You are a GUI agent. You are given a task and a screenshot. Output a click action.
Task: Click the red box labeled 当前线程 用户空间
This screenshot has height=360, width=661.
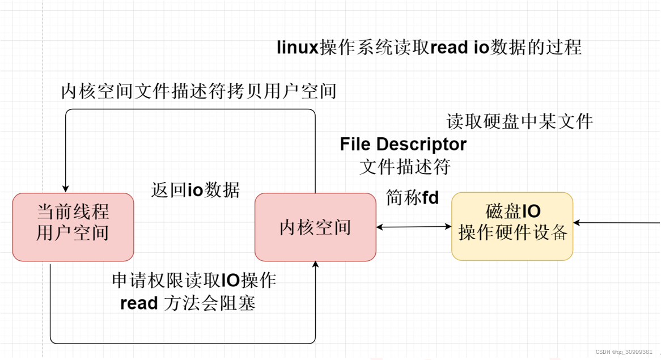coord(73,227)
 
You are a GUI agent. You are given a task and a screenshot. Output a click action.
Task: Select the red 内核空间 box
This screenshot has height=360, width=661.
coord(315,227)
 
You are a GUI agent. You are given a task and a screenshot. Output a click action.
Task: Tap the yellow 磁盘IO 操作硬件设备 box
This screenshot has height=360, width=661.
coord(512,226)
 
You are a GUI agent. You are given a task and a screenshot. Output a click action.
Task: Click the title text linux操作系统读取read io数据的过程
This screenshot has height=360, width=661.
coord(429,47)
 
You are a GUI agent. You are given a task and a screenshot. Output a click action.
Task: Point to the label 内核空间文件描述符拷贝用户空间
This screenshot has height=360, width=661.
coord(198,91)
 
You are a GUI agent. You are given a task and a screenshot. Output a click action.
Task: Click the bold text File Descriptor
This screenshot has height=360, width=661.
coord(403,145)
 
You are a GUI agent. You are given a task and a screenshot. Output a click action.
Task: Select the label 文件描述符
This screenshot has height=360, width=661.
coord(405,167)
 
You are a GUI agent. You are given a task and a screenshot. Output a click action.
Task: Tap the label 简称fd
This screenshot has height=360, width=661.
coord(412,198)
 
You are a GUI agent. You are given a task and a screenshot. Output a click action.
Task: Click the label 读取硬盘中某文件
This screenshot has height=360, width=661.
coord(519,121)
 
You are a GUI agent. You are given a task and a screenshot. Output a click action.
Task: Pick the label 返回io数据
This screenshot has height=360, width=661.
coord(196,190)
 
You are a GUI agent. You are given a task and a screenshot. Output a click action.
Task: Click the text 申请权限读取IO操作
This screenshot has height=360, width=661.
coord(194,280)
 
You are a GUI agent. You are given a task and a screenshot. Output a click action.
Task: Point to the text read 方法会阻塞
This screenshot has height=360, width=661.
coord(188,303)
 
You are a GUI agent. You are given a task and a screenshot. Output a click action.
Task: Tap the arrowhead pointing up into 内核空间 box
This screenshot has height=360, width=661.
coord(315,265)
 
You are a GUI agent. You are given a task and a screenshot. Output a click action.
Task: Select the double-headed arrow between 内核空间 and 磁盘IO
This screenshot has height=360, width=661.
coord(414,227)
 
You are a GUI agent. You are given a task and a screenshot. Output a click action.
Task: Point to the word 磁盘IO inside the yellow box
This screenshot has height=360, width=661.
coord(513,211)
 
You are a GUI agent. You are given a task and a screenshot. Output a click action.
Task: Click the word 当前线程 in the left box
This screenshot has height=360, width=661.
coord(73,212)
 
